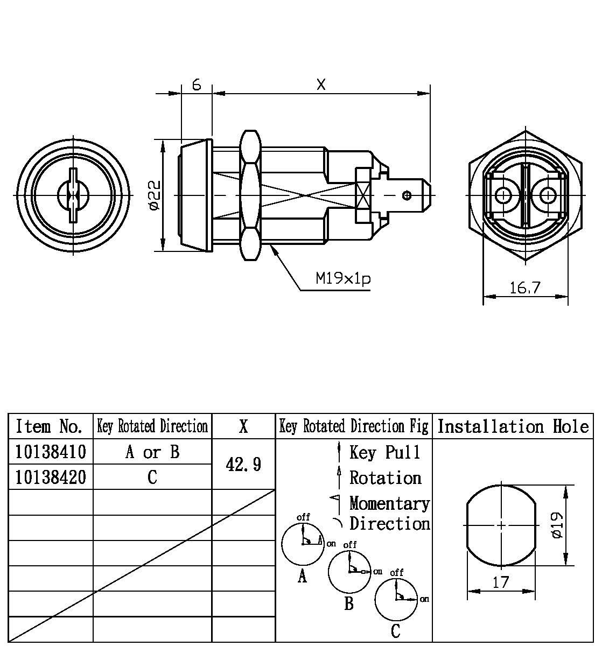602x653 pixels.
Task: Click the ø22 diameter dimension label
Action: pos(154,195)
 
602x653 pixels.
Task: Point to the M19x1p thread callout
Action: pos(343,278)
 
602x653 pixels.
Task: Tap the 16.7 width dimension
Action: pos(524,288)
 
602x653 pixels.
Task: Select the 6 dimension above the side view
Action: pos(197,85)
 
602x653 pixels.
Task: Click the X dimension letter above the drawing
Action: pos(321,85)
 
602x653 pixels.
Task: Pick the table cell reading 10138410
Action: pos(51,452)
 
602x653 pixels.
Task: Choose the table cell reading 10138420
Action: pos(51,477)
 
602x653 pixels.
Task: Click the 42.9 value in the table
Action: pos(243,464)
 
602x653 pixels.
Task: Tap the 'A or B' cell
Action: pos(152,452)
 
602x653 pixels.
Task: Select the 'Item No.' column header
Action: pos(50,426)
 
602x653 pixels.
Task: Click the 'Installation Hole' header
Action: pos(513,426)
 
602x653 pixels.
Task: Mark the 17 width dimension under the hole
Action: pos(501,582)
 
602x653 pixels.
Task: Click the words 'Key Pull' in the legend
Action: pos(385,452)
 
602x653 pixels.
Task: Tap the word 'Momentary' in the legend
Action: pos(389,503)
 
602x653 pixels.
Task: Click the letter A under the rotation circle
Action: pos(303,577)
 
